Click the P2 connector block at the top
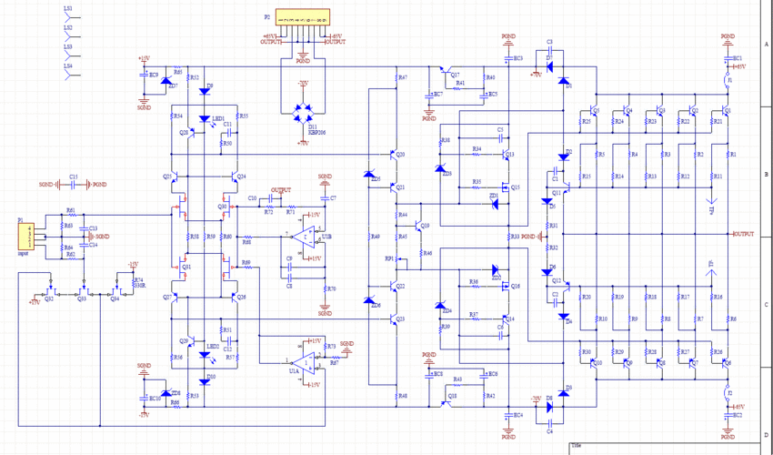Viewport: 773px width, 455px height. (303, 19)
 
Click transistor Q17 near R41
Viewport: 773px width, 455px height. (444, 72)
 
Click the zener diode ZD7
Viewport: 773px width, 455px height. (165, 82)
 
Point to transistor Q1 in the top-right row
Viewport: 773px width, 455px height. (727, 113)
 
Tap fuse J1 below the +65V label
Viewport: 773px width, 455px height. (728, 82)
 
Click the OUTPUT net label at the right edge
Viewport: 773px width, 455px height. (743, 234)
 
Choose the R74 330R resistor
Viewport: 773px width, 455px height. (134, 282)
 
